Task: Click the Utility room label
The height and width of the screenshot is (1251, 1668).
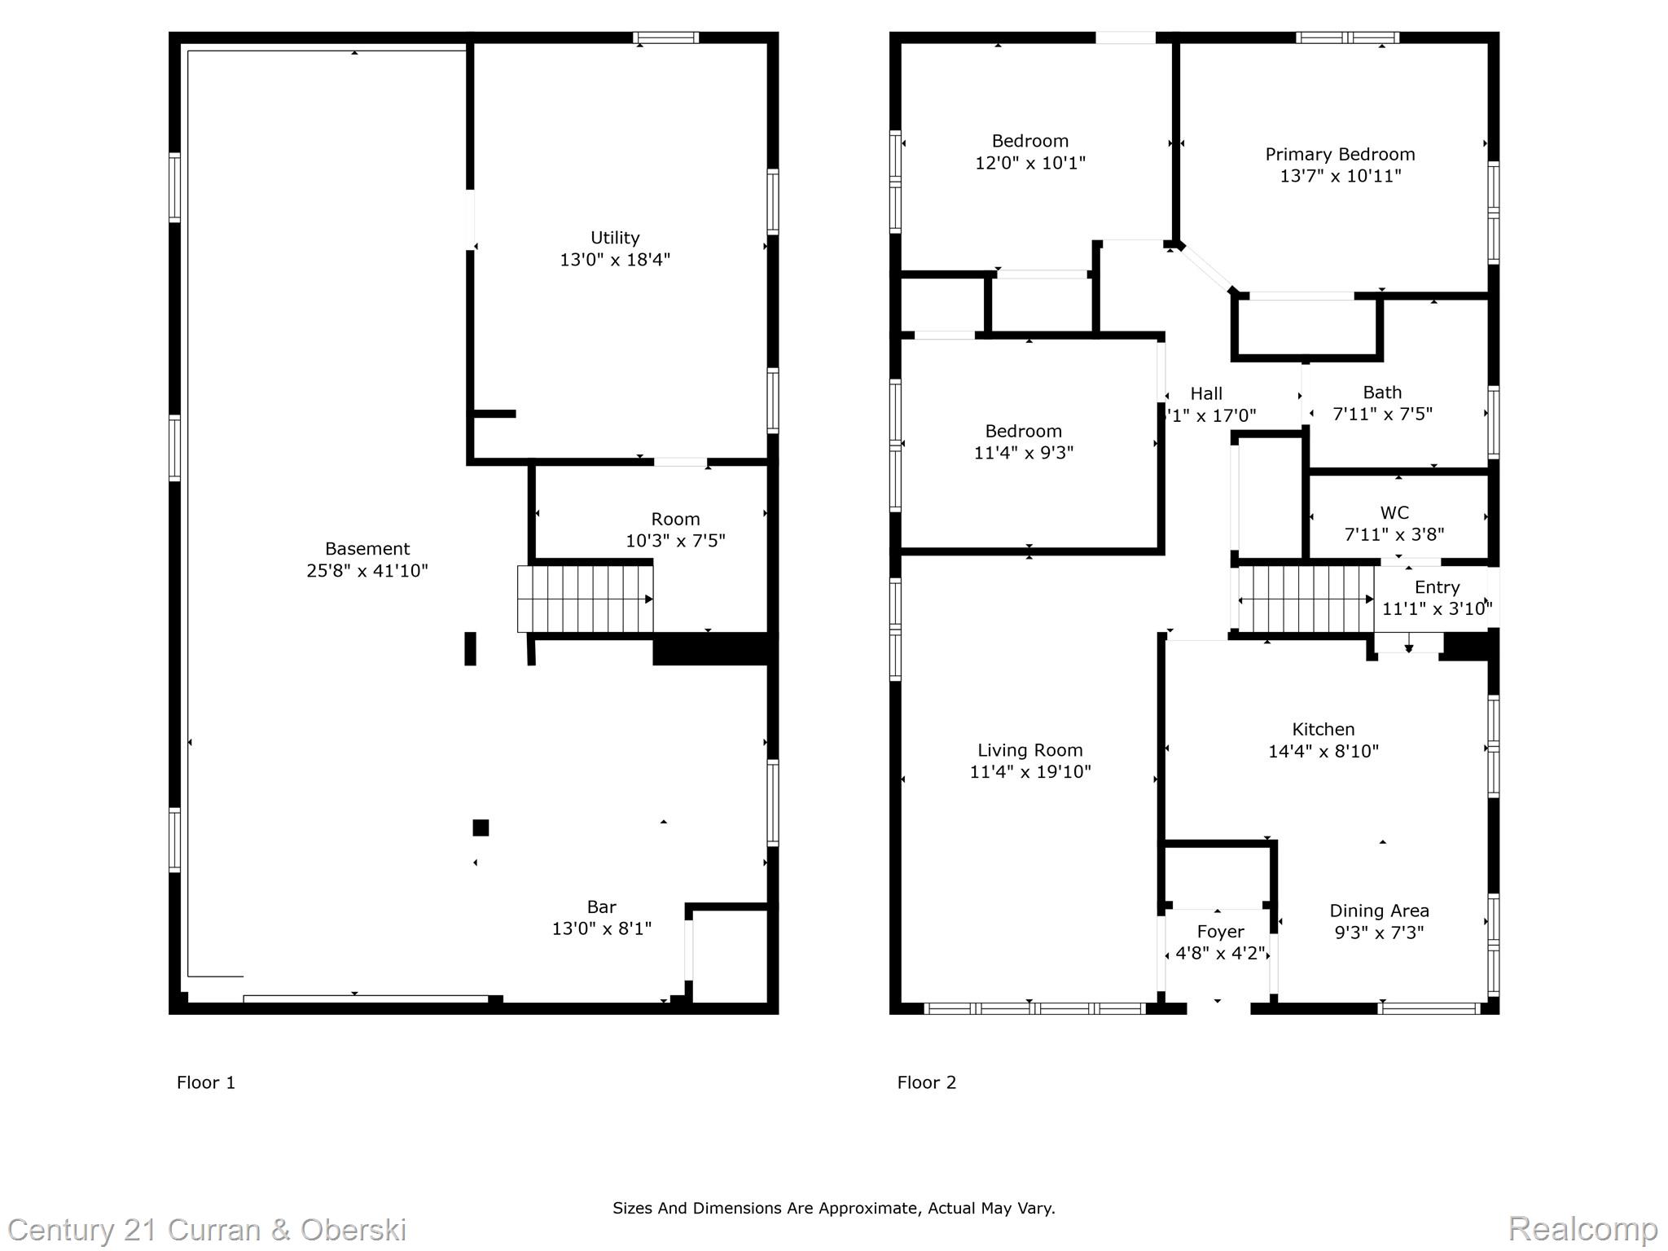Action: pyautogui.click(x=614, y=238)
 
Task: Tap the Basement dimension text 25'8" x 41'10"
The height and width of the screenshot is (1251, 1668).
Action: pyautogui.click(x=367, y=571)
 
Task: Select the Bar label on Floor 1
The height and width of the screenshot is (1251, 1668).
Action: pyautogui.click(x=601, y=906)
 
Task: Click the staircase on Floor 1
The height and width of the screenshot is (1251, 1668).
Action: pyautogui.click(x=585, y=599)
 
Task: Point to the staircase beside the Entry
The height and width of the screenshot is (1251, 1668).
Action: pyautogui.click(x=1305, y=599)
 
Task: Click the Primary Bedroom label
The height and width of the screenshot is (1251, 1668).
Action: pyautogui.click(x=1340, y=155)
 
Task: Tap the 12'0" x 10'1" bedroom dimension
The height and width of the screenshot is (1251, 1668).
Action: pyautogui.click(x=1029, y=163)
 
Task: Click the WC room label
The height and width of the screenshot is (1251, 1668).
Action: pyautogui.click(x=1394, y=513)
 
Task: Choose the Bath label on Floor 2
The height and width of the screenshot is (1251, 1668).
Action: pyautogui.click(x=1382, y=393)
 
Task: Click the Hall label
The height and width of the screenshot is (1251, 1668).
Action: pyautogui.click(x=1206, y=394)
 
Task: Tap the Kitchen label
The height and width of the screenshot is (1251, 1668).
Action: pyautogui.click(x=1323, y=730)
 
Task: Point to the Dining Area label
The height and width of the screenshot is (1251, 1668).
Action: pyautogui.click(x=1379, y=911)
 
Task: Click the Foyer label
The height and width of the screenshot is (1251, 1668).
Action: pyautogui.click(x=1220, y=932)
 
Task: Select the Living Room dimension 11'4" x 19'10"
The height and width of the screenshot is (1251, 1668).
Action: pyautogui.click(x=1029, y=772)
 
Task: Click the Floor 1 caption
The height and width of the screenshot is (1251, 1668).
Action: pyautogui.click(x=206, y=1082)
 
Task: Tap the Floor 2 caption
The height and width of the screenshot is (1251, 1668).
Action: pyautogui.click(x=926, y=1082)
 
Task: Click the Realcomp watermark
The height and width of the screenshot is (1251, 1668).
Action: pyautogui.click(x=1582, y=1229)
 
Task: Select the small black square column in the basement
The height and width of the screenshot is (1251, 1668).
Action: pyautogui.click(x=481, y=827)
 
